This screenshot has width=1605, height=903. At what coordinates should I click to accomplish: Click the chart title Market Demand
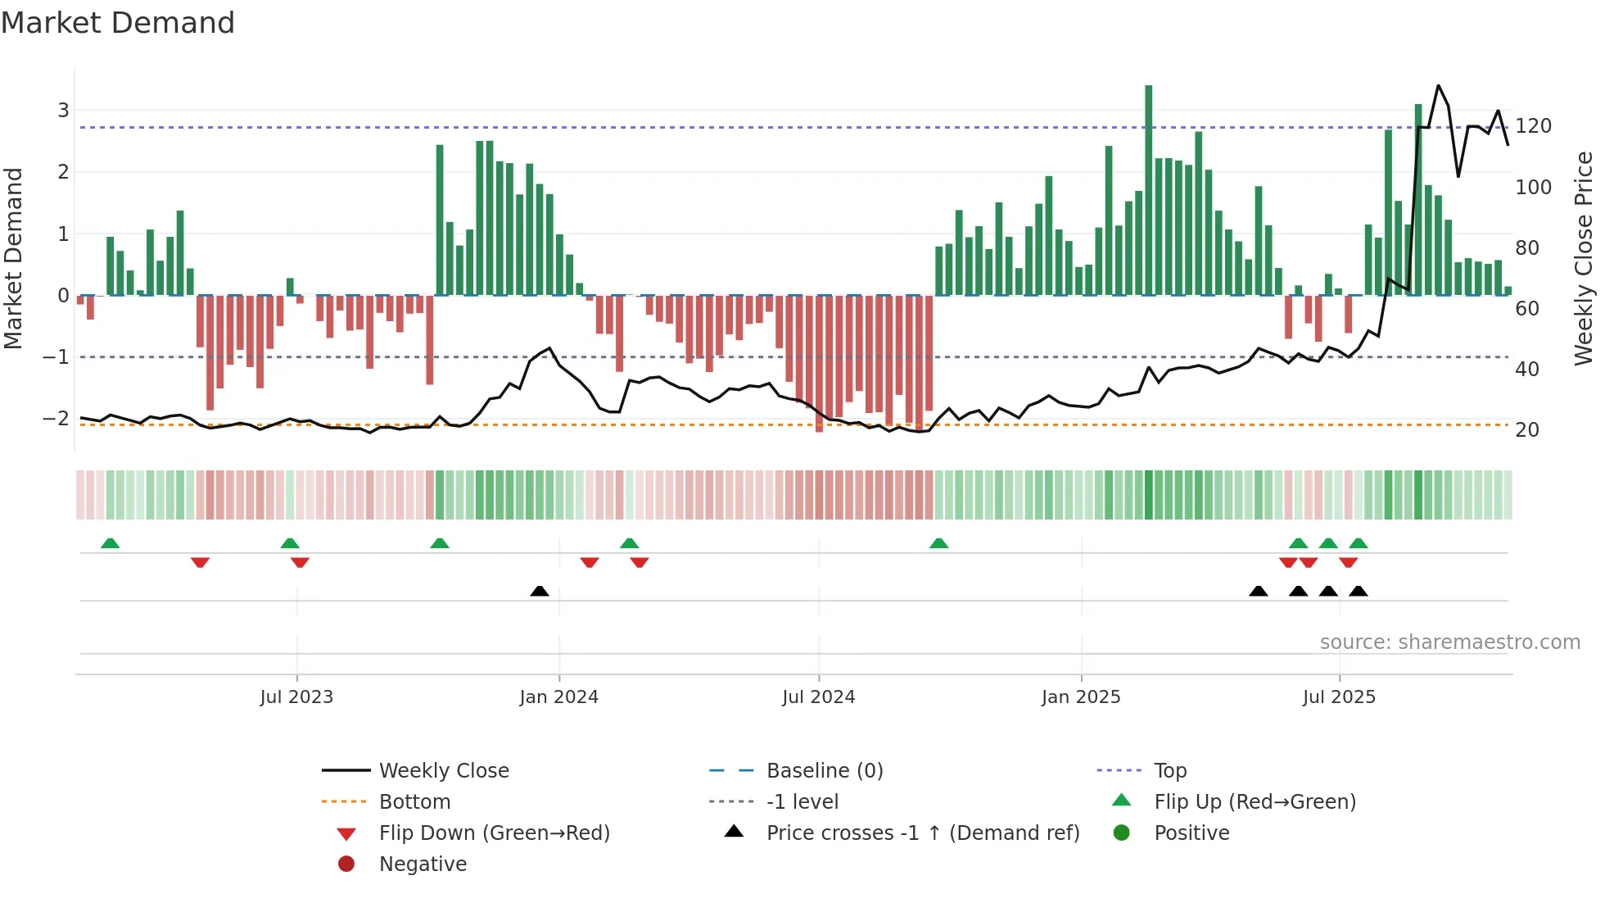118,23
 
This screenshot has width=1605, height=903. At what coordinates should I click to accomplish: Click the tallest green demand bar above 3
1148,188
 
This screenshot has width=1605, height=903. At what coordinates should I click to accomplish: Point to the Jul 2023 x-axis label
296,697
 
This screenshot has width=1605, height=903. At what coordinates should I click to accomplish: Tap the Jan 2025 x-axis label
1081,697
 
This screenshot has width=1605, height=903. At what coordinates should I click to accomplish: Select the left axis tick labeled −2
56,419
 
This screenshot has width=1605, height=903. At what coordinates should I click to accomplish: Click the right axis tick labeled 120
1533,126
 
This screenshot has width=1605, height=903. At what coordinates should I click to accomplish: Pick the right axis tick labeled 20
1526,430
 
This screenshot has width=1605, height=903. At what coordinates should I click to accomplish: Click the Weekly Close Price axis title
1584,258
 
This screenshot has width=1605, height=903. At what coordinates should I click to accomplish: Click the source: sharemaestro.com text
1449,642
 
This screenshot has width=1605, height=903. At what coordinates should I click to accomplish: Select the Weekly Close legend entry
443,771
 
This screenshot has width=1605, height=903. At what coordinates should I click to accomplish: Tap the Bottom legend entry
414,802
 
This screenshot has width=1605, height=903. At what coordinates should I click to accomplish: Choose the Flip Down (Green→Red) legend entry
494,833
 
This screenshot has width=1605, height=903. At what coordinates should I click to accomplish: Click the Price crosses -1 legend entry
922,833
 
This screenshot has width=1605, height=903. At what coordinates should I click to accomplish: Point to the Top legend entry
1170,771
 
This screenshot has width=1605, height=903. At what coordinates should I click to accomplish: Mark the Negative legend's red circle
346,864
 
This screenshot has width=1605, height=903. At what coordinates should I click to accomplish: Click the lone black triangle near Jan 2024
540,591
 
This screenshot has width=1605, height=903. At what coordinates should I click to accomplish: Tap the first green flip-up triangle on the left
111,543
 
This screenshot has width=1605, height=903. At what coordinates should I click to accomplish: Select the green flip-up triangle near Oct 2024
939,543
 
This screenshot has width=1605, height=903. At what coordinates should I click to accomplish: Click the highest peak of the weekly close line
1438,86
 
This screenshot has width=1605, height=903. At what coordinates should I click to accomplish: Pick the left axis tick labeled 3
63,111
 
